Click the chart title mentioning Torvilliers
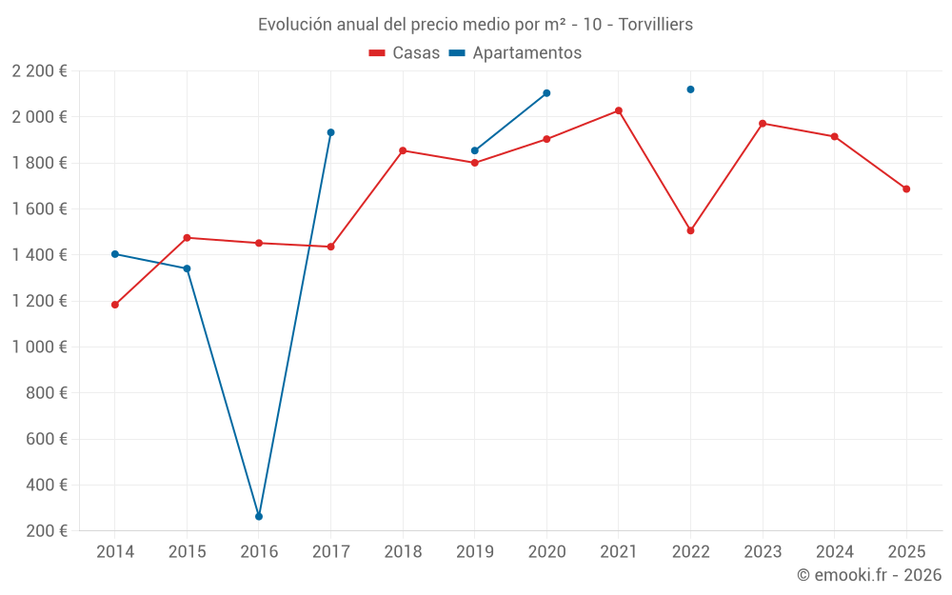pyautogui.click(x=475, y=24)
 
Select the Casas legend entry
pyautogui.click(x=405, y=53)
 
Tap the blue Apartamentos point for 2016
pyautogui.click(x=259, y=516)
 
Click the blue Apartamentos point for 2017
pyautogui.click(x=330, y=132)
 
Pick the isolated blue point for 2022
pyautogui.click(x=690, y=89)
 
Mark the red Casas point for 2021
pyautogui.click(x=619, y=110)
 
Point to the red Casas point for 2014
pyautogui.click(x=115, y=305)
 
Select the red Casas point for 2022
pyautogui.click(x=690, y=230)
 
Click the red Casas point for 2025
pyautogui.click(x=906, y=188)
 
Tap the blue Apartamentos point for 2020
pyautogui.click(x=546, y=93)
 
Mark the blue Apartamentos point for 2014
pyautogui.click(x=115, y=254)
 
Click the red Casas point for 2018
pyautogui.click(x=403, y=150)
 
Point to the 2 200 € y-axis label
pyautogui.click(x=40, y=71)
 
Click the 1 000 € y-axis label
pyautogui.click(x=40, y=347)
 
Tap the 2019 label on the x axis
pyautogui.click(x=474, y=552)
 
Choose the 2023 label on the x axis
pyautogui.click(x=763, y=552)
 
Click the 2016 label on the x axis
pyautogui.click(x=259, y=552)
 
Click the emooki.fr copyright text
pyautogui.click(x=869, y=575)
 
